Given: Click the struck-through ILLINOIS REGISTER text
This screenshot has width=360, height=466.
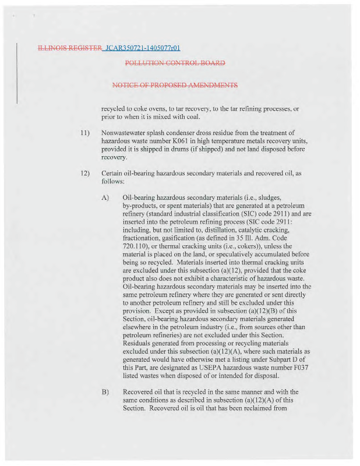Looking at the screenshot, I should (x=69, y=48).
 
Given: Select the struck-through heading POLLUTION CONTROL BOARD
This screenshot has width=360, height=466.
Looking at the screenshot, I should (x=175, y=63).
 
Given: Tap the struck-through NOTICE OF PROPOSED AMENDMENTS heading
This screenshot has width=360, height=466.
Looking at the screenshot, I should (x=175, y=85).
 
